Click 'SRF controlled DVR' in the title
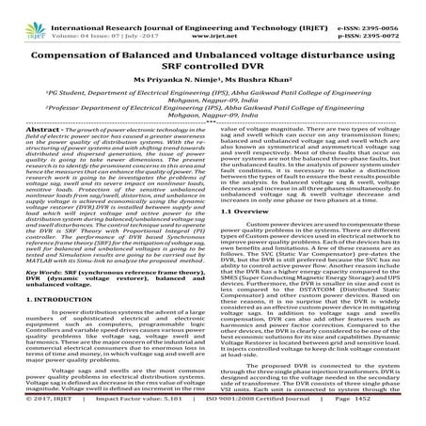click(213, 53)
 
